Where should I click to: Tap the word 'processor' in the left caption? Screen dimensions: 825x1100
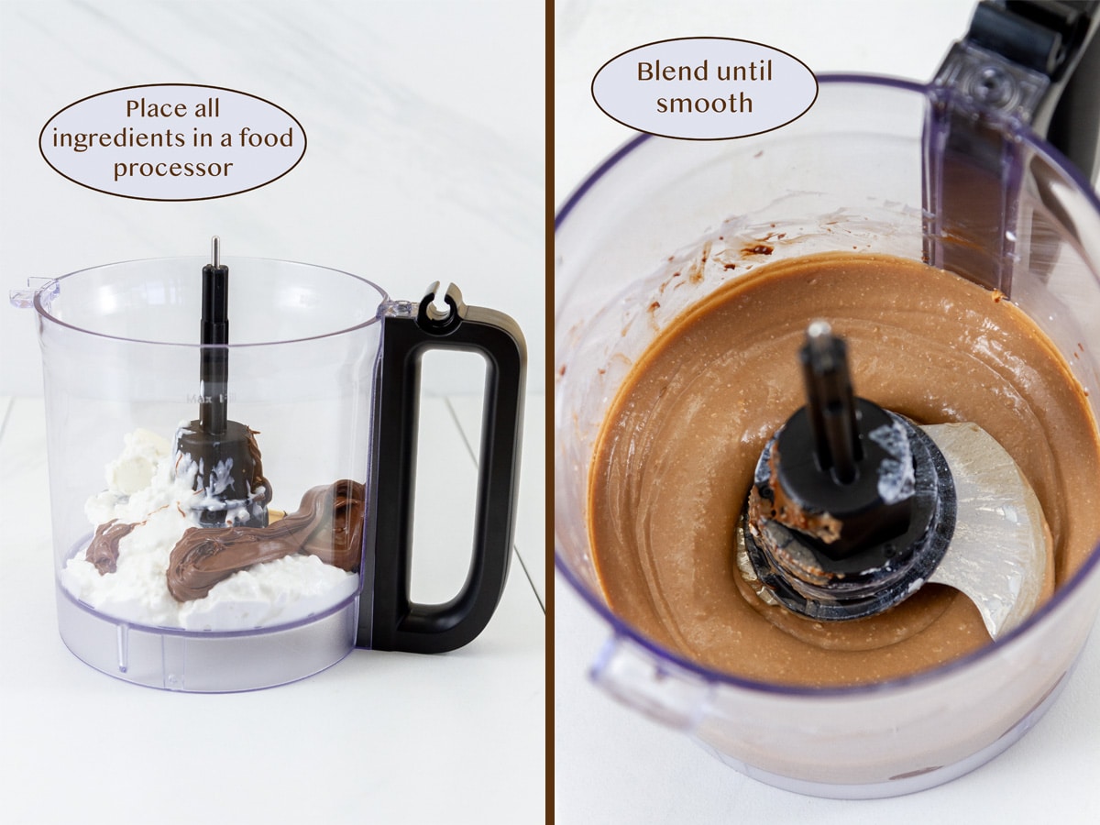[x=173, y=169]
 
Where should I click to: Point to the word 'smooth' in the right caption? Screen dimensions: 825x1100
[x=704, y=104]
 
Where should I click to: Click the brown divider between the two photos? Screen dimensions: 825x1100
[x=549, y=412]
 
